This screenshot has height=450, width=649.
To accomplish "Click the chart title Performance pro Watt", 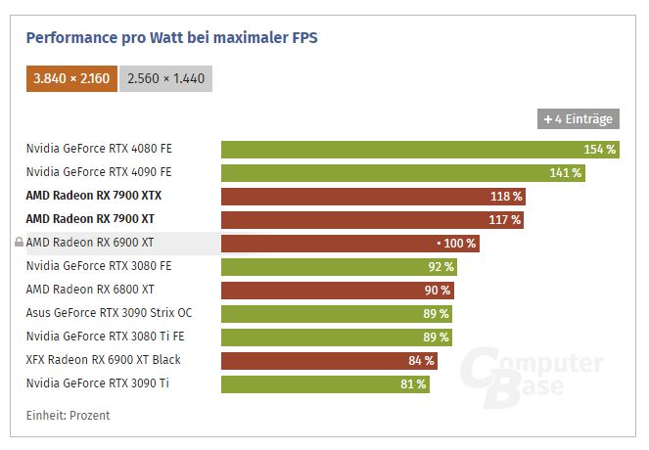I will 171,38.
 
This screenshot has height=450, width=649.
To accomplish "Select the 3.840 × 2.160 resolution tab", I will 71,78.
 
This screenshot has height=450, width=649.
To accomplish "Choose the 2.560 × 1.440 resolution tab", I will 165,78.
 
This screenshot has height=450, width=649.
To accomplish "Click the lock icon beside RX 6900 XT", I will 19,243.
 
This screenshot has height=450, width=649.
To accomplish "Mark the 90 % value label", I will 437,290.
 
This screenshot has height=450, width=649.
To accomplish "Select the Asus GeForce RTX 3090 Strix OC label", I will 109,313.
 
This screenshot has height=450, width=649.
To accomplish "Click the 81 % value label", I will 413,384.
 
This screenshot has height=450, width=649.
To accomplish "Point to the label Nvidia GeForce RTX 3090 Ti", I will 97,383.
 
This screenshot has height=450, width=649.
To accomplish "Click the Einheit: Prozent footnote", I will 68,416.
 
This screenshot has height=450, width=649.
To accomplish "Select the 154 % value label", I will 599,149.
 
